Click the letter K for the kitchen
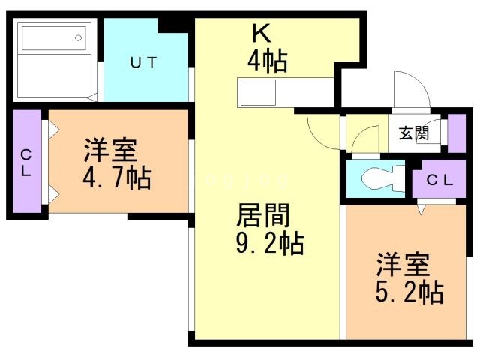tap(260, 32)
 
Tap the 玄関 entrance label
tap(413, 134)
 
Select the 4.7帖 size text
tap(117, 178)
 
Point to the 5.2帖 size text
tap(409, 291)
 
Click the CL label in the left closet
tap(26, 162)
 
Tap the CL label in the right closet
tap(439, 180)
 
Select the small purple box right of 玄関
tap(456, 133)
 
